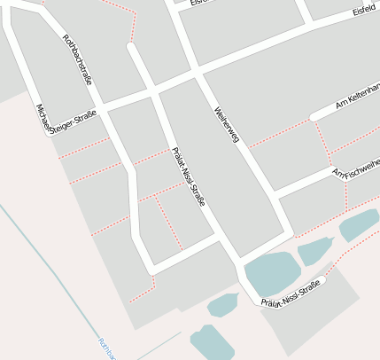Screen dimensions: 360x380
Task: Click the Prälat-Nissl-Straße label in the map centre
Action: [x=188, y=176]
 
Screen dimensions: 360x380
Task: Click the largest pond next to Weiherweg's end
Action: [x=270, y=274]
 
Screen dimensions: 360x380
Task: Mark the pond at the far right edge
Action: [x=360, y=224]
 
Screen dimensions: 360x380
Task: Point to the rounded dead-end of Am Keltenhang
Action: [x=314, y=117]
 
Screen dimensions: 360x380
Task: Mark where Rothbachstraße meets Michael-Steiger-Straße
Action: [x=102, y=109]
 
